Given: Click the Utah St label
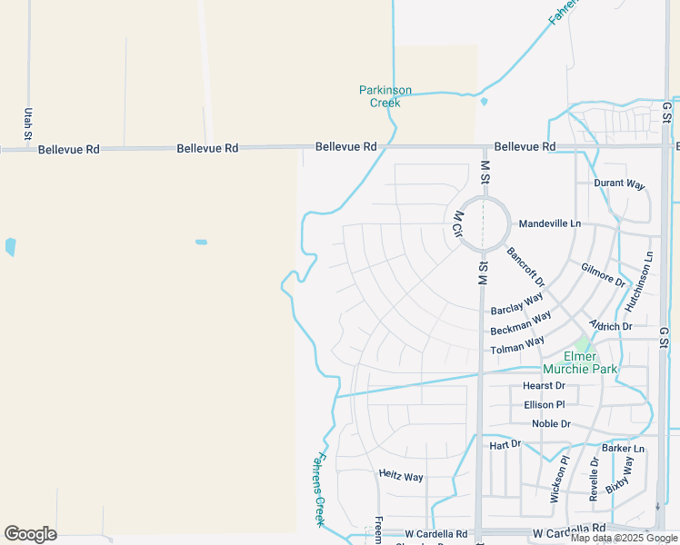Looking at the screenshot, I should coord(28,123).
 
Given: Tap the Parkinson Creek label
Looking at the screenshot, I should coord(385,96).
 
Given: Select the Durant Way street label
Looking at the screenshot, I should coord(619,184).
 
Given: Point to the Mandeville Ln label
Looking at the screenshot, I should coord(549,223).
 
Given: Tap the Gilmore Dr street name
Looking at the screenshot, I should coord(604,274).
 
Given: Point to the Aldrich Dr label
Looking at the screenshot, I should coord(610,326).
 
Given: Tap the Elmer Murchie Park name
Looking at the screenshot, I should coord(580,362).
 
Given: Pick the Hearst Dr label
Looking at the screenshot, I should coord(544,386).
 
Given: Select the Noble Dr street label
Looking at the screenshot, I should coord(552,424).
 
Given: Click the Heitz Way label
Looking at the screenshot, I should coord(401,477).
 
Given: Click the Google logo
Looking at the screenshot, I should coord(30,534).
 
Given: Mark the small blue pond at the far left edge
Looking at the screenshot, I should coord(10,246).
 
